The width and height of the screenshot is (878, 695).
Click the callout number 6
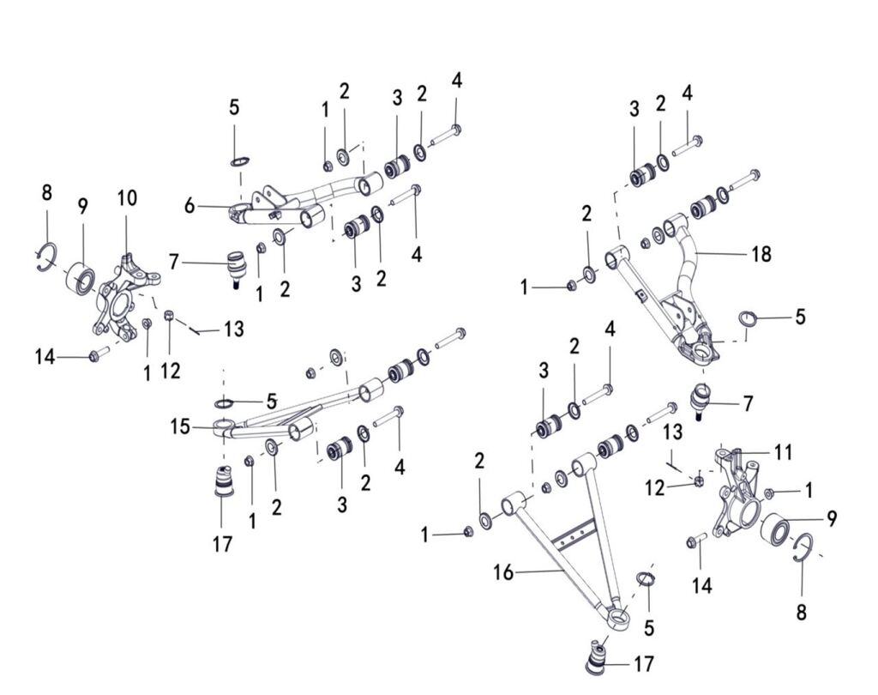point(190,205)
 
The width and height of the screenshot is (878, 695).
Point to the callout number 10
point(127,198)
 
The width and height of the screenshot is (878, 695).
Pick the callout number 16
point(503,572)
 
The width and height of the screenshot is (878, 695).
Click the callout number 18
point(760,254)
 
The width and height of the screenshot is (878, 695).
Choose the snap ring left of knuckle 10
point(48,255)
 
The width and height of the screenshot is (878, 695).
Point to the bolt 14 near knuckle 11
point(696,541)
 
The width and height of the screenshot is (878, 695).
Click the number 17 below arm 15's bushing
point(222,543)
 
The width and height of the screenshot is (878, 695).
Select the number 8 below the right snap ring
point(801,613)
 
